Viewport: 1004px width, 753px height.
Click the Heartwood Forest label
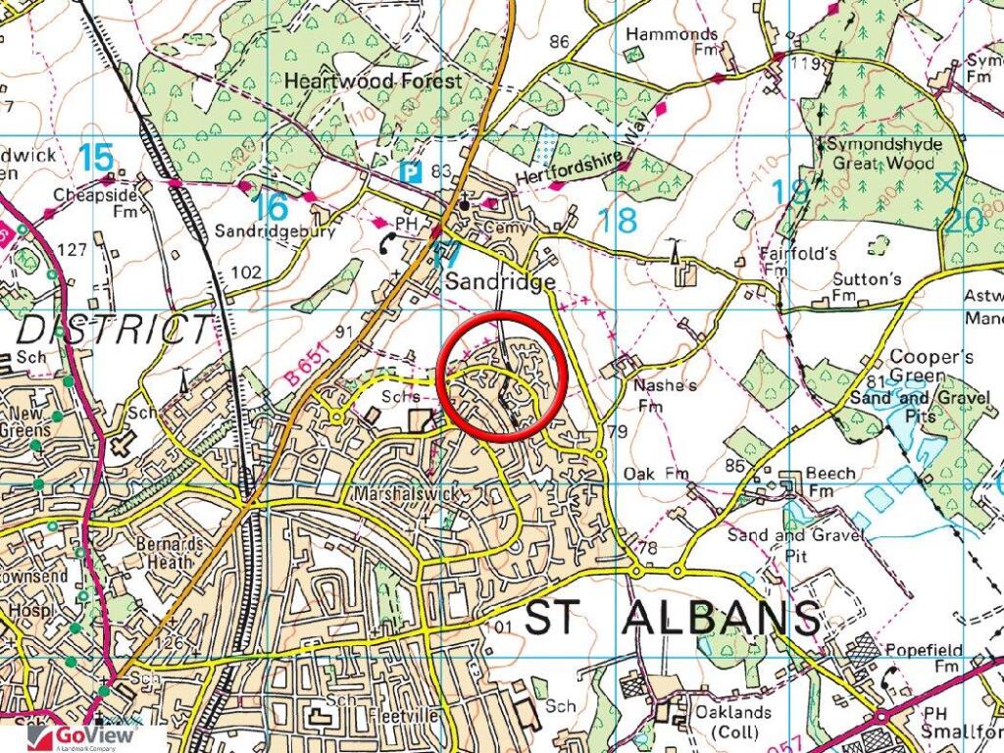[x=372, y=81]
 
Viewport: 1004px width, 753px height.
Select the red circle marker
[x=502, y=376]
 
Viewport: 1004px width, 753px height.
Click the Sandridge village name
[x=500, y=282]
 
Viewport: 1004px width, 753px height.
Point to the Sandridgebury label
[x=276, y=232]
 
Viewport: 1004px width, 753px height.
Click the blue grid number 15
[x=96, y=157]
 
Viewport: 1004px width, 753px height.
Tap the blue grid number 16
[x=271, y=206]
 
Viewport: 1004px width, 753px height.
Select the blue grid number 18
[x=618, y=220]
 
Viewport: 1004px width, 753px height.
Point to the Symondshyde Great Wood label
[x=884, y=154]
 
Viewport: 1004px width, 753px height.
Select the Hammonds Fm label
[x=672, y=42]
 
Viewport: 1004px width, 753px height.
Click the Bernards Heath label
[x=171, y=553]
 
